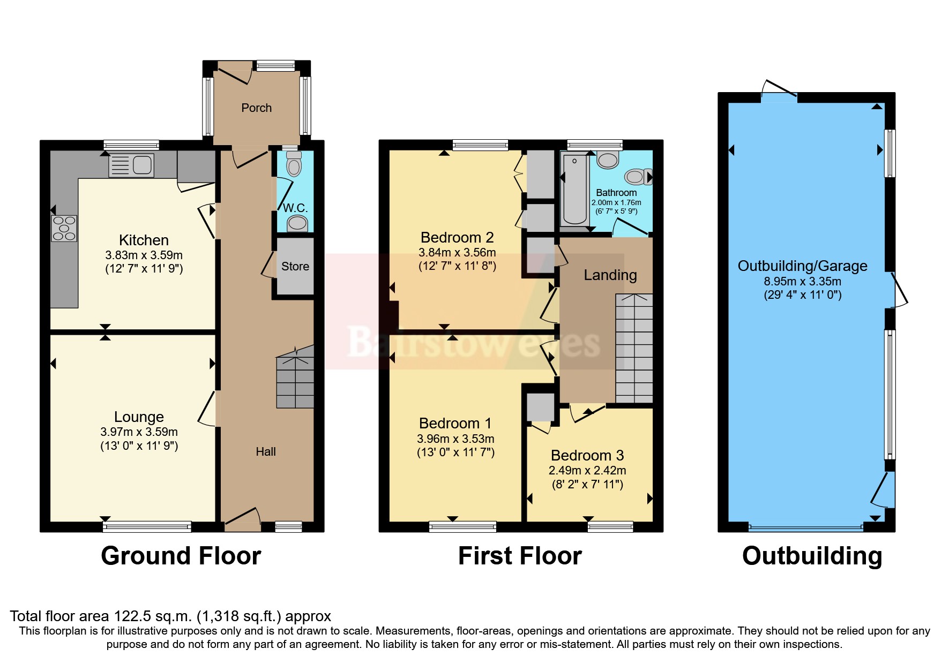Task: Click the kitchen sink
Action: coord(132,165)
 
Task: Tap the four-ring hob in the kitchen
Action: coord(64,228)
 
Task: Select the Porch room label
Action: coord(256,108)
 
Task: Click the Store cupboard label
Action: coord(295,267)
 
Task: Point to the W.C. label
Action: coord(295,208)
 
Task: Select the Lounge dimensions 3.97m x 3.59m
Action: coord(139,432)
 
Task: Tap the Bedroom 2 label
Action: coord(457,238)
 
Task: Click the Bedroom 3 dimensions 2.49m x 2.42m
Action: coord(587,471)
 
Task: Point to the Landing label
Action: coord(610,275)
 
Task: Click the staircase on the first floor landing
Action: coord(634,348)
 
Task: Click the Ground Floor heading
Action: coord(181,556)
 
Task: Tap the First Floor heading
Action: coord(520,556)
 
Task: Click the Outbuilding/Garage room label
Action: coord(802,266)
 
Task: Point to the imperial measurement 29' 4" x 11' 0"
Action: coord(802,295)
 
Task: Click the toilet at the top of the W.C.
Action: coord(294,163)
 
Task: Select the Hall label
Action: coord(266,452)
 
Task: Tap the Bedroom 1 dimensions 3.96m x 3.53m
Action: coord(455,439)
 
